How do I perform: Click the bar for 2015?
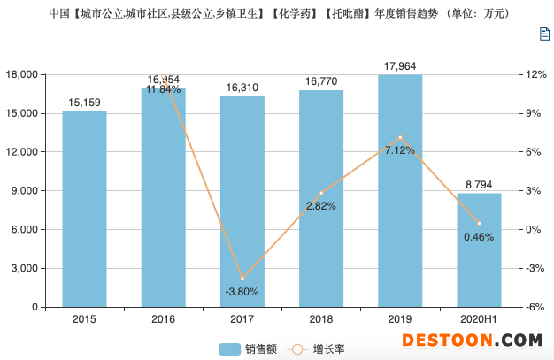(84, 209)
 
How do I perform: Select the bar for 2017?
(242, 202)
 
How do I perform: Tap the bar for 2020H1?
(479, 250)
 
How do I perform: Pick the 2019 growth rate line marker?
(400, 138)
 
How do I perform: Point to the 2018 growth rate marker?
(321, 193)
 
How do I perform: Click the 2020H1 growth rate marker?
(479, 224)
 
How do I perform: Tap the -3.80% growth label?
(242, 291)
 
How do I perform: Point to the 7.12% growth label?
(400, 151)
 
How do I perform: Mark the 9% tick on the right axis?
(532, 113)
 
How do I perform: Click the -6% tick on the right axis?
(532, 308)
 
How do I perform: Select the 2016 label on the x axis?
(163, 319)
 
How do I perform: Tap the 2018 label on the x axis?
(321, 319)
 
